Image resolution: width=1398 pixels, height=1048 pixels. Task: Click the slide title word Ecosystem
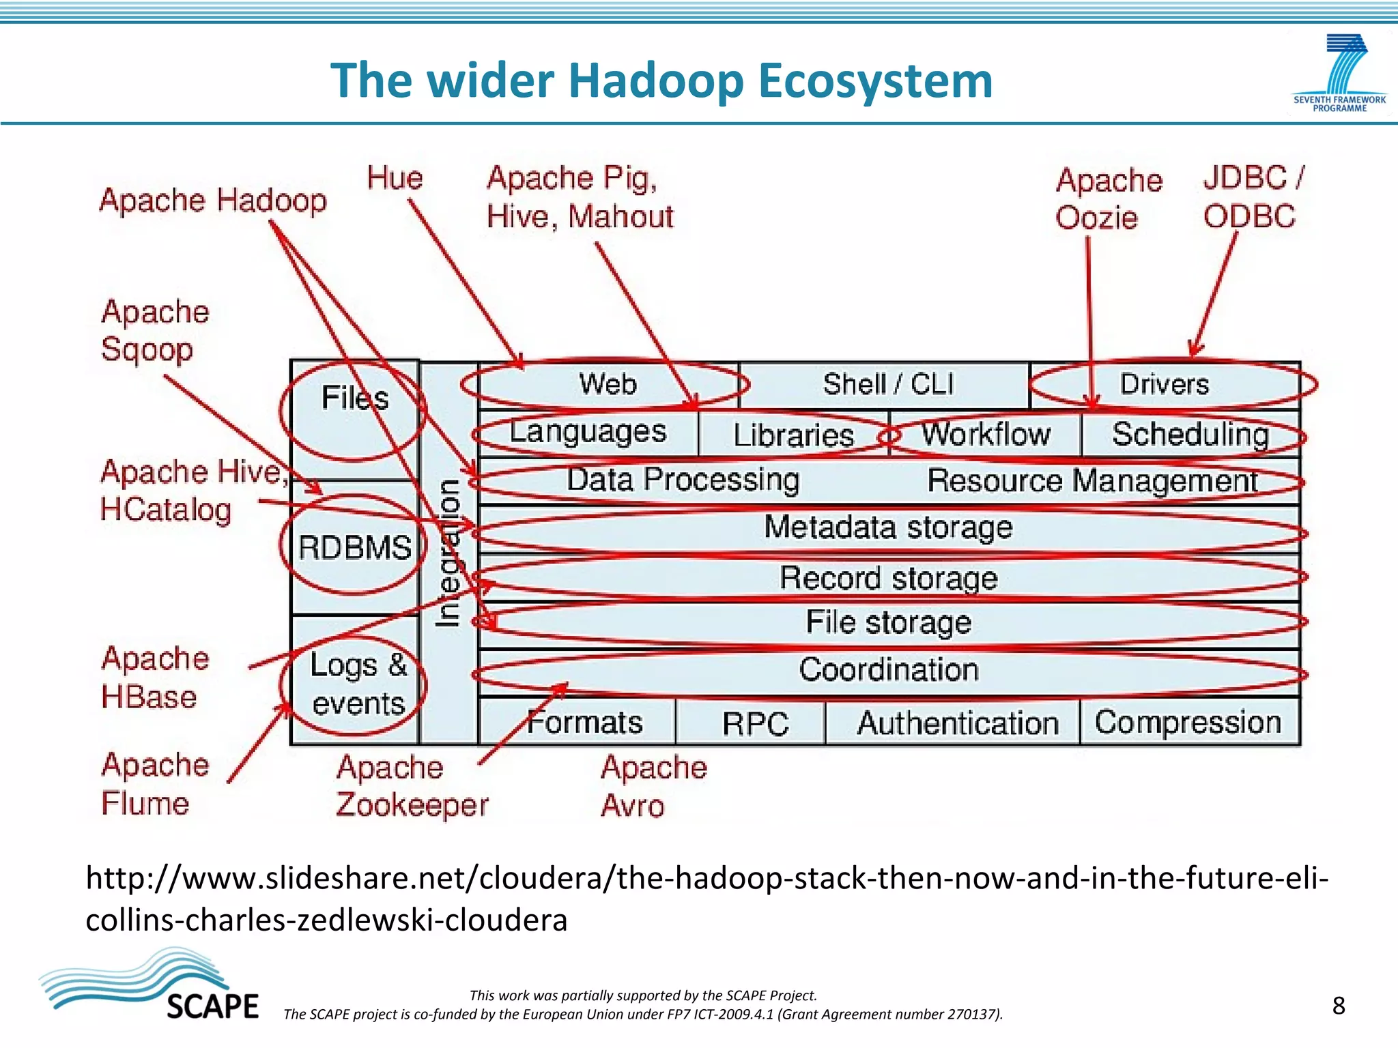[875, 81]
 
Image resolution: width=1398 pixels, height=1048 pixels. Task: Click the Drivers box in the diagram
[1165, 384]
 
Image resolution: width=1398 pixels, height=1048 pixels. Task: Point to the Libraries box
[793, 435]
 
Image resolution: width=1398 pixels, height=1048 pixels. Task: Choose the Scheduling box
[1190, 434]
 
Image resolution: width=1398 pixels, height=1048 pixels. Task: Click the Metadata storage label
[887, 527]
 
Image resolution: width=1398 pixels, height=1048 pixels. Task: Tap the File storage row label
[887, 622]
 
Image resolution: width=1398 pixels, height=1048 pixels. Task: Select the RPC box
[755, 723]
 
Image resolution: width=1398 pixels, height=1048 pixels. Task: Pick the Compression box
[1188, 722]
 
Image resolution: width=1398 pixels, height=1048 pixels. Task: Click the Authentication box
[957, 723]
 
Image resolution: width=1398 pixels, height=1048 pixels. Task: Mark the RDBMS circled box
[354, 547]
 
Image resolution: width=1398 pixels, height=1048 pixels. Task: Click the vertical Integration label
[448, 553]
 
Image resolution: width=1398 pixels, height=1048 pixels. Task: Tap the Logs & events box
[357, 684]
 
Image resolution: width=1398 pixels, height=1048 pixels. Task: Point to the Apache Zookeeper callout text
[411, 786]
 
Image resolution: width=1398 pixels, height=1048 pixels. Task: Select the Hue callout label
[395, 178]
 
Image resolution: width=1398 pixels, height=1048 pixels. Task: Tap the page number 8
[1338, 1006]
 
